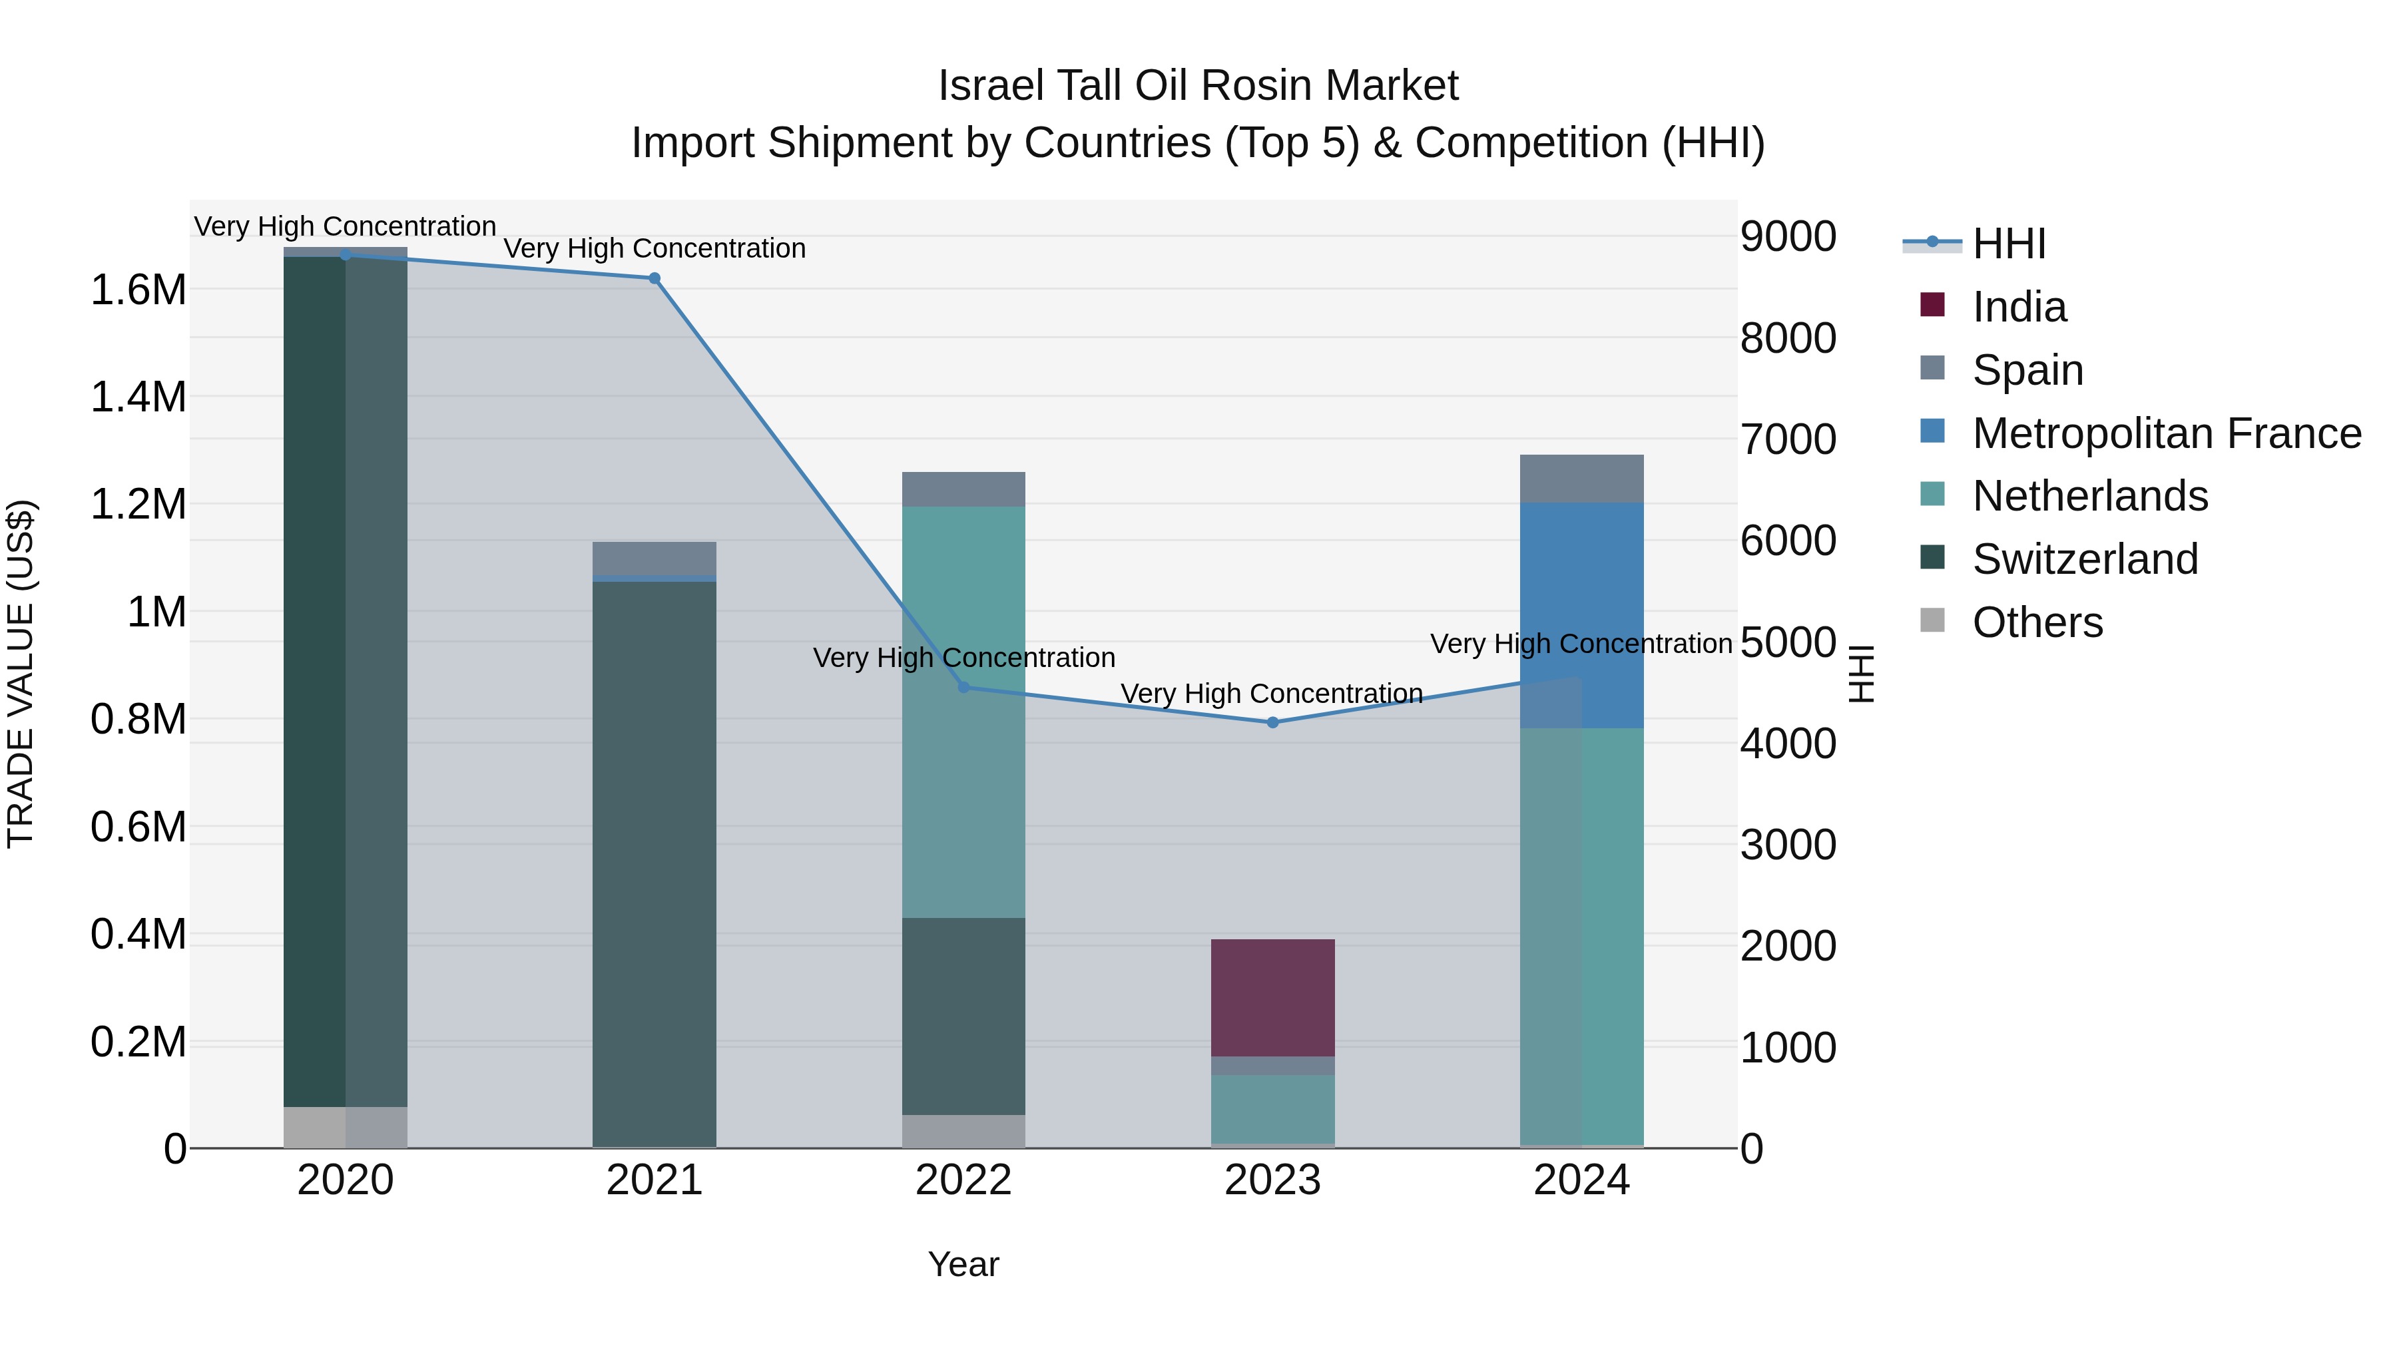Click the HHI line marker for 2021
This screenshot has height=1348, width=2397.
tap(654, 278)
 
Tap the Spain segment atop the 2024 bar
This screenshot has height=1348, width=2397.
tap(1582, 479)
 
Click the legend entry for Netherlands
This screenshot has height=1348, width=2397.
tap(2089, 496)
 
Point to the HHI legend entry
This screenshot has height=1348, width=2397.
tap(2008, 244)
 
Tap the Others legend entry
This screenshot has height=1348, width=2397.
tap(2037, 622)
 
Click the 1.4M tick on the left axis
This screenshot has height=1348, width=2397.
tap(138, 397)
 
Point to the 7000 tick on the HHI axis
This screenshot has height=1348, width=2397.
tap(1788, 439)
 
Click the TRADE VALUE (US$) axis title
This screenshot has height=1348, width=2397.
tap(21, 674)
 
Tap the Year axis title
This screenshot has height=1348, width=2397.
tap(963, 1264)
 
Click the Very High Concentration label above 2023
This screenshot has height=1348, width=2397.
tap(1271, 694)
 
